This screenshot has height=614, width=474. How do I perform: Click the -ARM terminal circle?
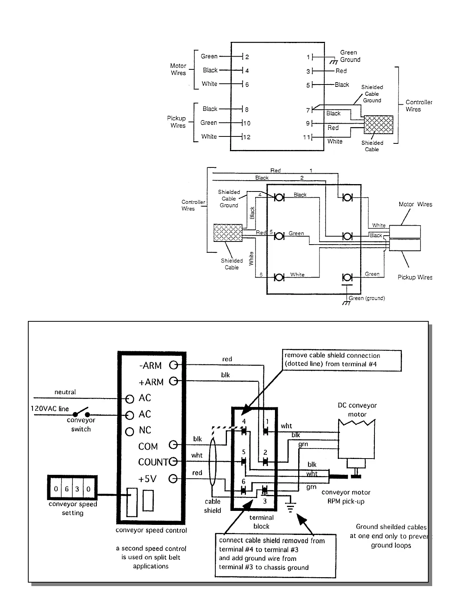[173, 366]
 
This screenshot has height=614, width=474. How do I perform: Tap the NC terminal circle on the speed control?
[129, 431]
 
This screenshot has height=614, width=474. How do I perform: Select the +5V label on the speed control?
[147, 479]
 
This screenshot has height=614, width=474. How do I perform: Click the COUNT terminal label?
[153, 462]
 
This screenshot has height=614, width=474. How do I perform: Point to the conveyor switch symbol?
[81, 412]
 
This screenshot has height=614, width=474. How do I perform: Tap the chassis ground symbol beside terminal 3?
[290, 507]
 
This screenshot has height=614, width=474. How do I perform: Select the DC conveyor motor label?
[357, 410]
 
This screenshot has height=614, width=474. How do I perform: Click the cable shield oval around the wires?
[212, 461]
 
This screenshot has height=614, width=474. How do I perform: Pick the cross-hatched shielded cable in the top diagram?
[378, 124]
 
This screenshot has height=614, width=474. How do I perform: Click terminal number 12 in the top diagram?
[247, 137]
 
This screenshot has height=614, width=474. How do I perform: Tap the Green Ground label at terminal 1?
[350, 56]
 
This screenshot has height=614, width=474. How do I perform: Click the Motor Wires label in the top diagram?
[178, 69]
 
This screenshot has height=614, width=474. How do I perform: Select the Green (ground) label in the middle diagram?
[367, 298]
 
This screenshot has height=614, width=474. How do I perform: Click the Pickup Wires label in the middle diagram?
[415, 277]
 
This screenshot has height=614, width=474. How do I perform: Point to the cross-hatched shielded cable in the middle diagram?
[228, 233]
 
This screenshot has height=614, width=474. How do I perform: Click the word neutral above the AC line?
[65, 392]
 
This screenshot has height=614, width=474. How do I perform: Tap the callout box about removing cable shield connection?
[342, 360]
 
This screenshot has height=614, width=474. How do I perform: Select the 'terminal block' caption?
[261, 522]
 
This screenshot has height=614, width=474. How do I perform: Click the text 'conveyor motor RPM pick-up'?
[346, 497]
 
